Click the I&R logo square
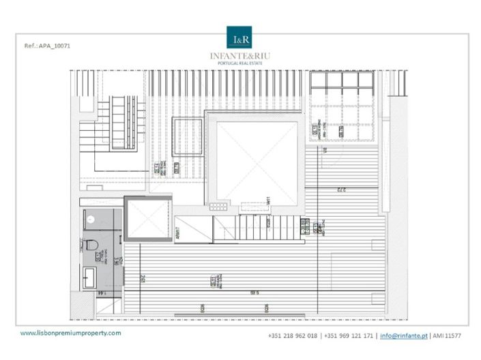point(241,37)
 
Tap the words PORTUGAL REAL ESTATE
point(241,64)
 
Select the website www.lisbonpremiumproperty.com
point(71,333)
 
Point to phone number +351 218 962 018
point(293,336)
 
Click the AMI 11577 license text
point(446,336)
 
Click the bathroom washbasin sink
point(90,277)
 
